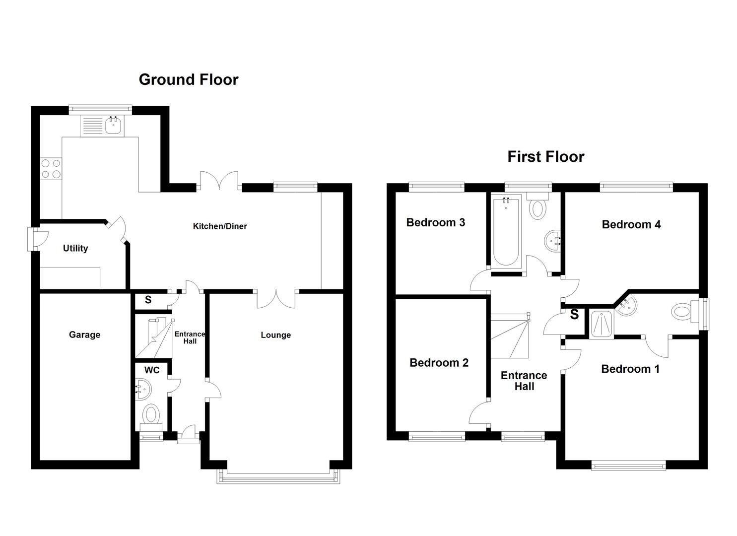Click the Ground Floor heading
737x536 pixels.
coord(189,79)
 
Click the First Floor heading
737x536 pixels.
coord(545,157)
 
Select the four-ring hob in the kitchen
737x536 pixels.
coord(50,169)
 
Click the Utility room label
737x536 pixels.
coord(75,248)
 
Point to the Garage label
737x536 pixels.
coord(84,335)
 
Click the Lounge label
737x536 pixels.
coord(275,335)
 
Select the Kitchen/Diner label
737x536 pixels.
coord(220,226)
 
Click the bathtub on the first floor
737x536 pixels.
coord(506,232)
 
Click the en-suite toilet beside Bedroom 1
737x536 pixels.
coord(681,313)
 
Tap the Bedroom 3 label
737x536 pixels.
coord(435,222)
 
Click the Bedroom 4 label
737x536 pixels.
coord(631,224)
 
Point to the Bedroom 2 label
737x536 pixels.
coord(439,363)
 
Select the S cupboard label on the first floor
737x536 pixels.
coord(574,315)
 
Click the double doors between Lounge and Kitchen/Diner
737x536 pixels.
coord(276,299)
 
